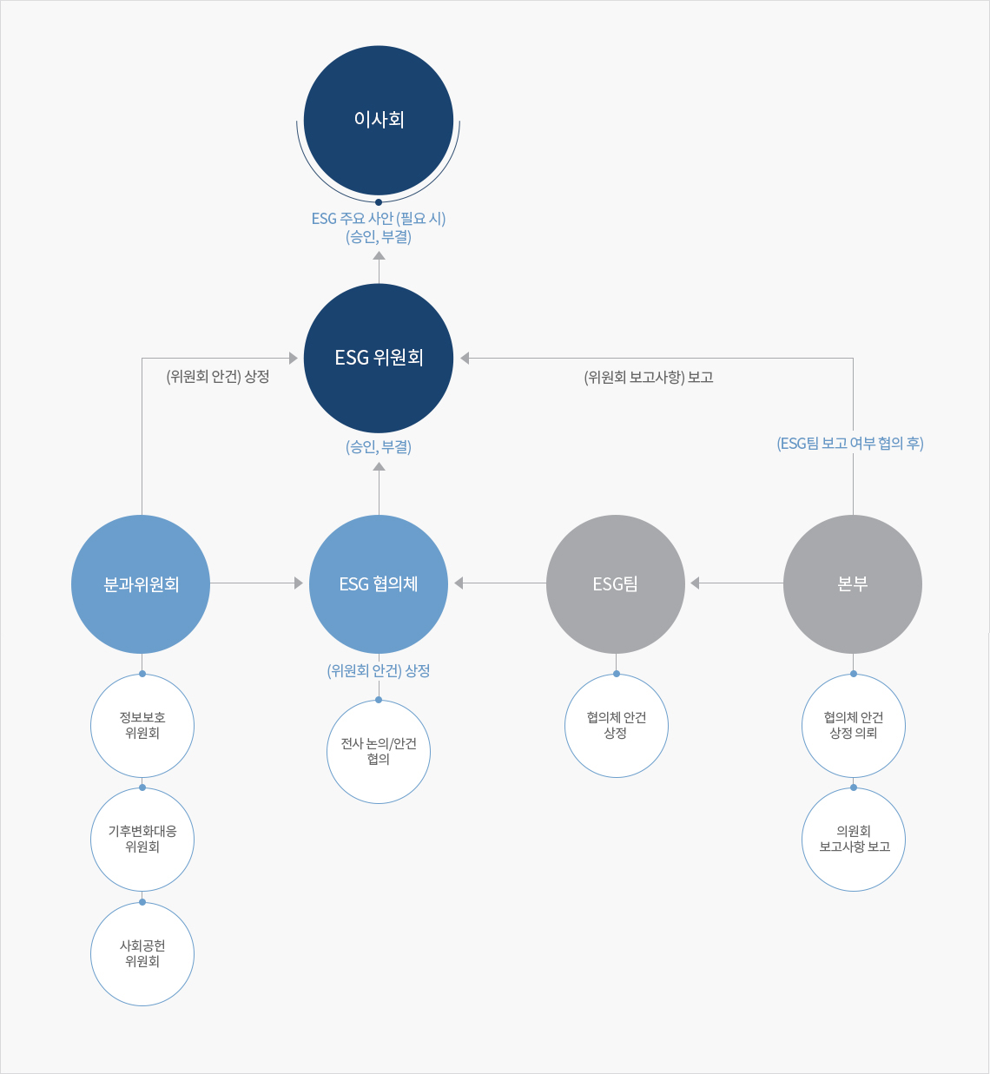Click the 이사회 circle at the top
pyautogui.click(x=379, y=120)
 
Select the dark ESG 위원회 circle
pyautogui.click(x=379, y=359)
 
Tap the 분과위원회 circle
pyautogui.click(x=141, y=584)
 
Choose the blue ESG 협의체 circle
pyautogui.click(x=379, y=584)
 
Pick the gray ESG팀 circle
pyautogui.click(x=616, y=584)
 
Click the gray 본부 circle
pyautogui.click(x=853, y=584)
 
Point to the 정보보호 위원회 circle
pyautogui.click(x=142, y=726)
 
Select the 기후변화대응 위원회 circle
pyautogui.click(x=142, y=840)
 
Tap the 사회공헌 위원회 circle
pyautogui.click(x=142, y=954)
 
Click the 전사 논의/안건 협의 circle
pyautogui.click(x=379, y=752)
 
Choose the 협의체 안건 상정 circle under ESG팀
pyautogui.click(x=616, y=726)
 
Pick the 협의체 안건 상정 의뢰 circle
pyautogui.click(x=854, y=726)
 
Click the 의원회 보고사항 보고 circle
pyautogui.click(x=854, y=840)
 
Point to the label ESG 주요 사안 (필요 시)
pyautogui.click(x=379, y=219)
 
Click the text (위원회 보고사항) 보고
pyautogui.click(x=648, y=378)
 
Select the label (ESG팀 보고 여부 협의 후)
pyautogui.click(x=850, y=444)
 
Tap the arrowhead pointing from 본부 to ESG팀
pyautogui.click(x=695, y=583)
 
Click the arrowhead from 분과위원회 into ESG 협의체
pyautogui.click(x=299, y=583)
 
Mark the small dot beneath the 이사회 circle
pyautogui.click(x=379, y=202)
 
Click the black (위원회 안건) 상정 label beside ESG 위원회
pyautogui.click(x=217, y=377)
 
